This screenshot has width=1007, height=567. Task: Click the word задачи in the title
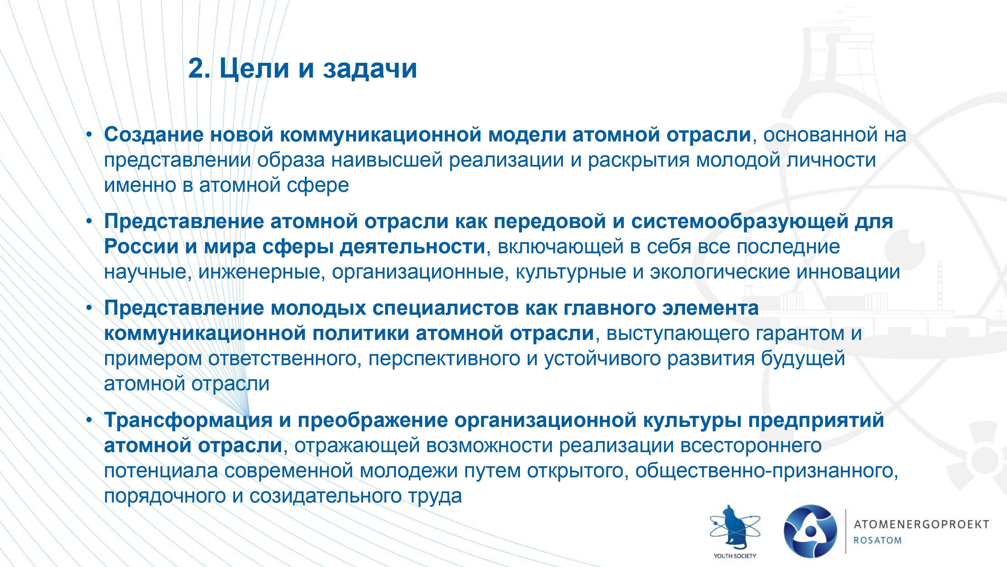370,69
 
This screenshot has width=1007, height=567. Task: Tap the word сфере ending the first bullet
318,186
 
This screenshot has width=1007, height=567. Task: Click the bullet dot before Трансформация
89,420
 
